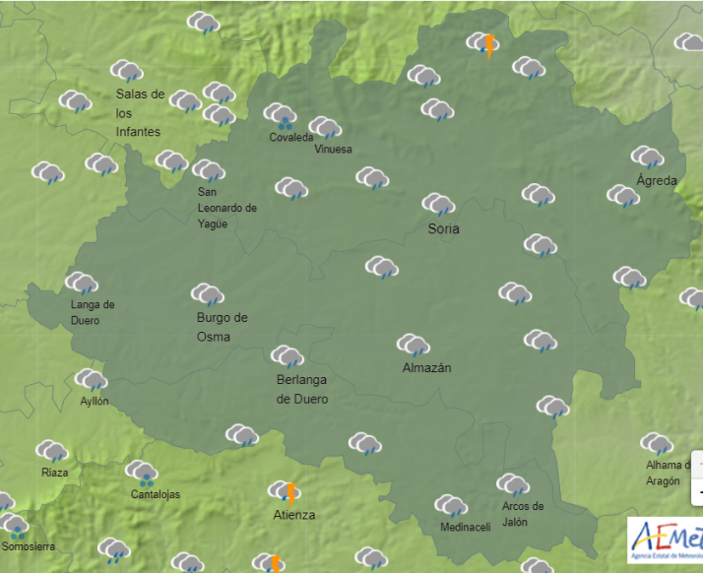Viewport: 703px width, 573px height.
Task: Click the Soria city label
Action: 444,229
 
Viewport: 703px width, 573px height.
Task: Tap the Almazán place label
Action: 426,368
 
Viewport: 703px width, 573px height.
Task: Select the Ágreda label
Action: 656,180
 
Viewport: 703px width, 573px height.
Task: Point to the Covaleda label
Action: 290,137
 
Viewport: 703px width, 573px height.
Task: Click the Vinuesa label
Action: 333,149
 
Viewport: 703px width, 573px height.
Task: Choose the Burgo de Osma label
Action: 222,327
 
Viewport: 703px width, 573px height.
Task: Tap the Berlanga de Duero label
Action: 302,389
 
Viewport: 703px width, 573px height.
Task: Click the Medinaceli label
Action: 465,527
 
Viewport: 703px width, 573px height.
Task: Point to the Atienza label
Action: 294,515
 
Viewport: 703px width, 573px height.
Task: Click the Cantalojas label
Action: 156,494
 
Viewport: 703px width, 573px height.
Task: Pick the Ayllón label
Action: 95,401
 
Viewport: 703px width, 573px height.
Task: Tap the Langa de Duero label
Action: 93,312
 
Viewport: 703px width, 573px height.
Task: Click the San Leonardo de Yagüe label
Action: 226,208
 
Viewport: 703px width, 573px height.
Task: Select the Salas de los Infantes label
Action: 139,112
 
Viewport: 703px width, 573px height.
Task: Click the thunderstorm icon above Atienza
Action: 285,491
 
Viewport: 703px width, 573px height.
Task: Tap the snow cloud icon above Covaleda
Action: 282,116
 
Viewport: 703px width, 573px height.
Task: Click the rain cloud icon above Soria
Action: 438,205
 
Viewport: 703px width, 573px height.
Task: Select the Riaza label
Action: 55,473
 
